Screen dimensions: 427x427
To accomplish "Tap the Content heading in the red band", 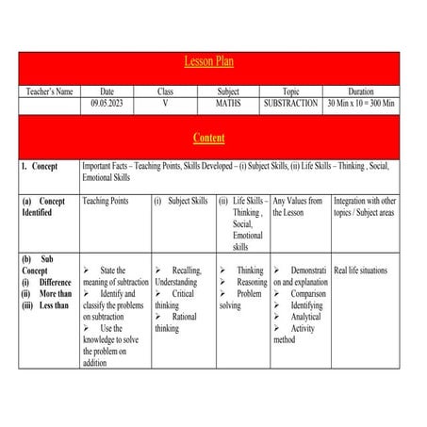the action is tap(208, 139).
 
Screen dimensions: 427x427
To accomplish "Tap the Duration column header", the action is tap(360, 91).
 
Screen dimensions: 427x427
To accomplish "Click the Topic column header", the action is tap(290, 91).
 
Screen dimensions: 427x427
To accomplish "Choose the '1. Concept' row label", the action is tap(41, 166).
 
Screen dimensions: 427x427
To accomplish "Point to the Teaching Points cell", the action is tap(105, 201).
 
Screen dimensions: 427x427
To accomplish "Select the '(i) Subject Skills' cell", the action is tap(181, 201).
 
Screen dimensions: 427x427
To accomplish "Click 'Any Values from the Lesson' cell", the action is tap(299, 206).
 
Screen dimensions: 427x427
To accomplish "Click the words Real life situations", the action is tap(360, 271).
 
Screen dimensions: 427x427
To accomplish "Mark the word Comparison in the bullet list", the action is tap(307, 294).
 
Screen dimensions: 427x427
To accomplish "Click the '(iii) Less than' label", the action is tap(46, 305).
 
